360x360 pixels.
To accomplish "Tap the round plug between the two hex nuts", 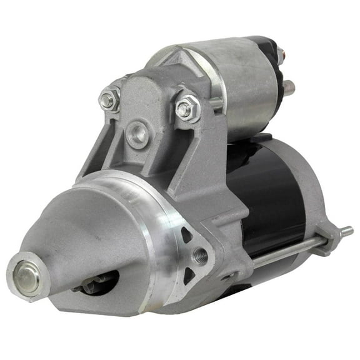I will (x=137, y=132).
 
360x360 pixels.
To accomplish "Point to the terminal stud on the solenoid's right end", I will (x=288, y=87).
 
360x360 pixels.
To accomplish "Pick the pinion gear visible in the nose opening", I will (x=94, y=283).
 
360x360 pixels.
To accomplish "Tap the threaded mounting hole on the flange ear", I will (x=200, y=255).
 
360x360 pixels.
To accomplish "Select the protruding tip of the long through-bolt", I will (x=344, y=233).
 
